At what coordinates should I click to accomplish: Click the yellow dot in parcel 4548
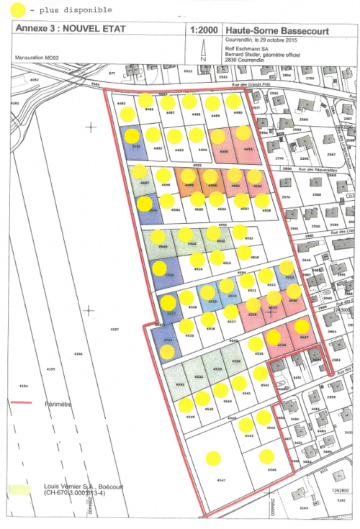tap(267, 455)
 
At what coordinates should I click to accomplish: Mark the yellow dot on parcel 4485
tap(127, 114)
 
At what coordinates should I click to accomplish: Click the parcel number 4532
tap(197, 376)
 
